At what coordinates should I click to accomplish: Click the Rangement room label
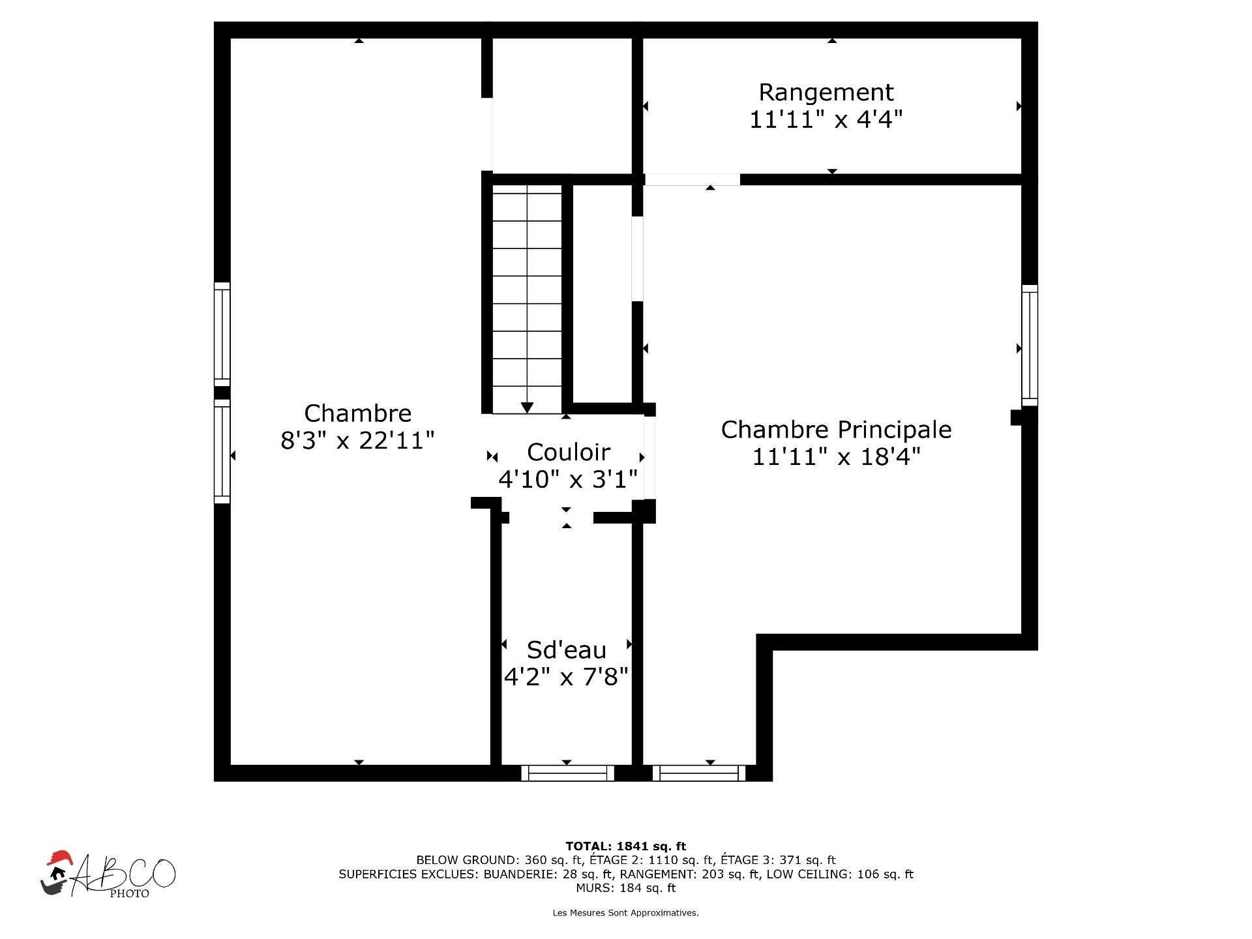(x=826, y=93)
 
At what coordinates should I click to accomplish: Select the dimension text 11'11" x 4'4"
(x=826, y=120)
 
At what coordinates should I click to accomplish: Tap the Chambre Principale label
(x=836, y=430)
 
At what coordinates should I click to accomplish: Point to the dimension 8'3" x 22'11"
(x=357, y=441)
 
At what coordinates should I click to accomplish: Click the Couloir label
(x=569, y=452)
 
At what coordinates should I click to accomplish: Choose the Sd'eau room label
(x=567, y=650)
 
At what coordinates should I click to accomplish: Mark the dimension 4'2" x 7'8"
(x=567, y=678)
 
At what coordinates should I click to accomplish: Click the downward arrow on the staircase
(x=528, y=407)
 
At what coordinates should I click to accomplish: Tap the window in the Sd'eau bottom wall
(x=567, y=773)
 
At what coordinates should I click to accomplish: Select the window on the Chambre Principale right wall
(x=1030, y=345)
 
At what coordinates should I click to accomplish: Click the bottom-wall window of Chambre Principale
(x=698, y=773)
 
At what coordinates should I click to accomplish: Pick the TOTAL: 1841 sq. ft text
(x=626, y=846)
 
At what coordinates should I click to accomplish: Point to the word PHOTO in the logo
(x=129, y=894)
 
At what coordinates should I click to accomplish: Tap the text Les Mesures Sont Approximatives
(x=626, y=913)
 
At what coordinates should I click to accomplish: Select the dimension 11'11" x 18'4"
(x=836, y=457)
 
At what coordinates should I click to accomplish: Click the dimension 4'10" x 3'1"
(x=568, y=479)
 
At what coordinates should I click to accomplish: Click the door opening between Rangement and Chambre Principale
(x=693, y=179)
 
